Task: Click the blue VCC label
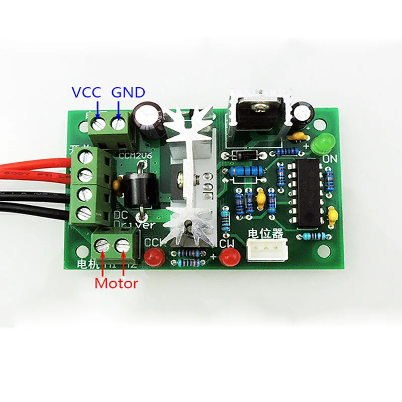(86, 92)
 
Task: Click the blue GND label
(128, 92)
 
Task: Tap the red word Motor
(116, 283)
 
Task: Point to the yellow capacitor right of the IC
(332, 218)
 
